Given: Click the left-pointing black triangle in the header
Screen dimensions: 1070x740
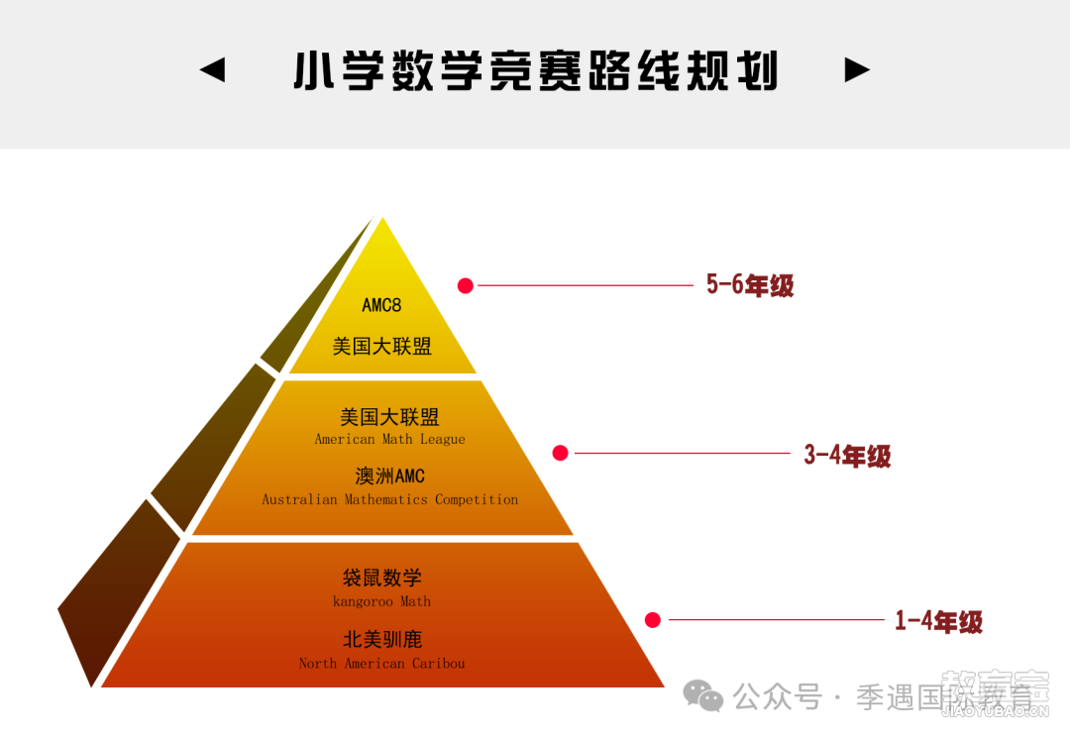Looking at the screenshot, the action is pos(213,69).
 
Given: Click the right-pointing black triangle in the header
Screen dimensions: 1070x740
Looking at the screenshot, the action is pos(857,69).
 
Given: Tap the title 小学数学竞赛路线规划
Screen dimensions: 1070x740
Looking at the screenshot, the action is pos(536,71).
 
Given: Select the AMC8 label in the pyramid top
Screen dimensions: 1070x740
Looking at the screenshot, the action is pos(381,305).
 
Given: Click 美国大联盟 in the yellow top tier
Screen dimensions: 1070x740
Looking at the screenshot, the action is pos(382,347).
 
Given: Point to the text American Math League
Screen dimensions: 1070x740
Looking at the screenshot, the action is pos(389,439).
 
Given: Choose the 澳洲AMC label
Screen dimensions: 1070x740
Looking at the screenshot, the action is pos(389,476).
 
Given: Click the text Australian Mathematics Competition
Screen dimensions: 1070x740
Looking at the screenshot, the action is pos(389,500).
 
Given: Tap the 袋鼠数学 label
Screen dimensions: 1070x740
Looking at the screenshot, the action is pos(382,578).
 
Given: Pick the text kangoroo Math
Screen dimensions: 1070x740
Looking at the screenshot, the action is pos(381,601).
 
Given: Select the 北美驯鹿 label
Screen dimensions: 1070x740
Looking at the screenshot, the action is pos(382,639).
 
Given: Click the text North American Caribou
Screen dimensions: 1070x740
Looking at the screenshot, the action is pos(381,663).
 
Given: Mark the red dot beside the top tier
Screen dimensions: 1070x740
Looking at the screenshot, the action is pos(466,285).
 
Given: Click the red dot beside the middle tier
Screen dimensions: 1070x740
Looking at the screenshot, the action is pos(560,453).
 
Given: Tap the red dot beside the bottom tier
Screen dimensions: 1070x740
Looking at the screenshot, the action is pos(652,620).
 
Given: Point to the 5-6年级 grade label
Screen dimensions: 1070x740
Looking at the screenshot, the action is pos(750,285).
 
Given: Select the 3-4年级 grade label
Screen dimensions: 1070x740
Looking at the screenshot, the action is pos(847,455).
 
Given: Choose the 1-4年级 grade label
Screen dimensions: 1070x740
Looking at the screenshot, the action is pos(939,621).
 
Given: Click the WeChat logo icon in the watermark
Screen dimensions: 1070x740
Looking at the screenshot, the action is pos(702,696).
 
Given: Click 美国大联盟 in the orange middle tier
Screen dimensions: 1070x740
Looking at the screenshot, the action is pos(389,417).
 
